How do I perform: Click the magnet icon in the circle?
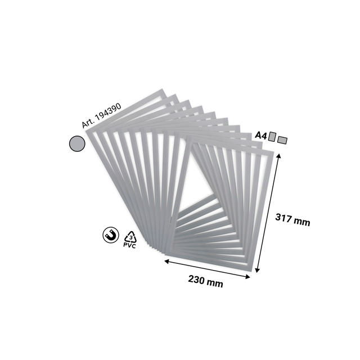[x=110, y=235]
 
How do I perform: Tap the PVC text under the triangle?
[x=130, y=246]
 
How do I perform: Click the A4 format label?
[x=260, y=136]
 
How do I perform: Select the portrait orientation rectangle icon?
[x=272, y=136]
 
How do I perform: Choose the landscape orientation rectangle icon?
[x=282, y=138]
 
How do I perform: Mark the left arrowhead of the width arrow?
[x=166, y=260]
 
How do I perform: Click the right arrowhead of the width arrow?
[x=252, y=276]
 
